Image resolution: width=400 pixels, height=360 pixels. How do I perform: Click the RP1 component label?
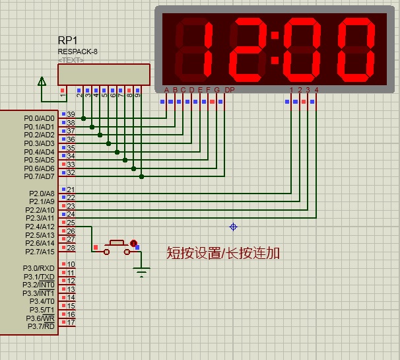(68, 40)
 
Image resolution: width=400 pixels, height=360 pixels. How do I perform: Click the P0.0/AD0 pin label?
(39, 118)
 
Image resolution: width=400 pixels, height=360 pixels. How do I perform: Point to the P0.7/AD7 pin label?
(39, 176)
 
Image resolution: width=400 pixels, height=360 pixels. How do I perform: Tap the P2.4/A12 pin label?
(40, 227)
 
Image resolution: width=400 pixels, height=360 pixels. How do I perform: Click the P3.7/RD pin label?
(41, 326)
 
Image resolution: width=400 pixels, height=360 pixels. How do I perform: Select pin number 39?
(71, 114)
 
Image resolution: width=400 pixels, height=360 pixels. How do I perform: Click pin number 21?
(71, 190)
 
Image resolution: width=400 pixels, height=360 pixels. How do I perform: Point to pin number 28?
(71, 248)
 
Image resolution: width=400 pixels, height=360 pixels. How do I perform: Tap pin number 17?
(71, 322)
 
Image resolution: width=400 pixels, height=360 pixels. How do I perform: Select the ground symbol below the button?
(141, 271)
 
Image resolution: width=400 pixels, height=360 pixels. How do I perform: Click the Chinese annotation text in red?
(223, 253)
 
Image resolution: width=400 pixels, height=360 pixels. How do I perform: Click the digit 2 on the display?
(246, 47)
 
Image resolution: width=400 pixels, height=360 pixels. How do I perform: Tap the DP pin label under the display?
(229, 90)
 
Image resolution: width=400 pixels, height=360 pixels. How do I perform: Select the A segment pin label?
(166, 90)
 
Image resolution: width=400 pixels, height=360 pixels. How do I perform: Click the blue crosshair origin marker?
(233, 227)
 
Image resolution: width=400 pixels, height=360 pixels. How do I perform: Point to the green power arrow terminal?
(42, 82)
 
